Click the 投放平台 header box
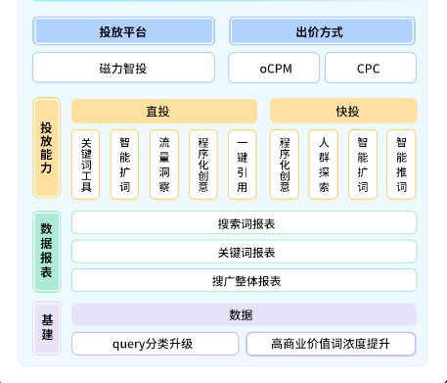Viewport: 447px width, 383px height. [123, 31]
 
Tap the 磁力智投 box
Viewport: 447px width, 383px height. [123, 69]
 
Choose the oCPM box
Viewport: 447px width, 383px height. [273, 69]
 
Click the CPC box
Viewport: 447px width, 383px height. [370, 69]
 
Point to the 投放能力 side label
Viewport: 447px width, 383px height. [47, 148]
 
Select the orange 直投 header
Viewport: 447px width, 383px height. [164, 111]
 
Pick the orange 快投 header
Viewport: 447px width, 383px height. [343, 111]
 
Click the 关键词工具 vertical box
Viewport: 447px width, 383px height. [86, 164]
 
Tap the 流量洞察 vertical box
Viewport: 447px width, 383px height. [164, 164]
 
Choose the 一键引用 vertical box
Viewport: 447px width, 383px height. [243, 164]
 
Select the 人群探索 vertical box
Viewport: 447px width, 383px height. [324, 164]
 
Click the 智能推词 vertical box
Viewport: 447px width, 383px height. [402, 164]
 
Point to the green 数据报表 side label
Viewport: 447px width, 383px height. [47, 251]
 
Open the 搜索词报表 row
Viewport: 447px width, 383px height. [245, 223]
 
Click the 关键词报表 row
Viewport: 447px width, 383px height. [245, 252]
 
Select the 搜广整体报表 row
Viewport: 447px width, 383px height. [245, 280]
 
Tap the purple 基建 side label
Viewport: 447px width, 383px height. [47, 328]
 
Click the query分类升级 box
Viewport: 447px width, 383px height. [155, 344]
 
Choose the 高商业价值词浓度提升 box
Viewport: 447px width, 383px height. [331, 344]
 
